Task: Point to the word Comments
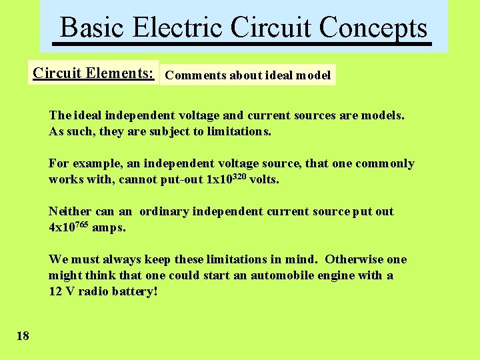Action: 195,75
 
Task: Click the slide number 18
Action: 23,335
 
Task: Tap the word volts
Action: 264,179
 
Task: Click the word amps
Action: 108,227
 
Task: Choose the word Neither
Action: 71,211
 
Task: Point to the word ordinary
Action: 164,211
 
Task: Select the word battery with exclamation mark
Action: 136,291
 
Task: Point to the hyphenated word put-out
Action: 182,179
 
